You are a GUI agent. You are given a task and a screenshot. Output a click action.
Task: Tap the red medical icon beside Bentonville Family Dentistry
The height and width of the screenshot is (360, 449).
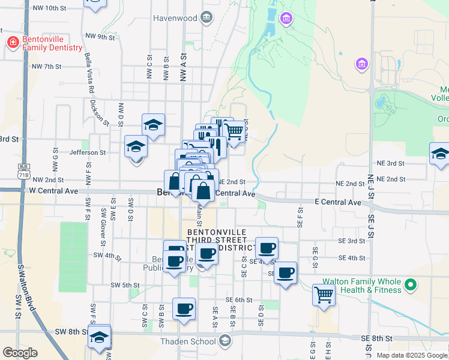click(12, 43)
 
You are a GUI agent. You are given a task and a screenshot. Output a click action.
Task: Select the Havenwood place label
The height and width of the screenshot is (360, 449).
click(175, 18)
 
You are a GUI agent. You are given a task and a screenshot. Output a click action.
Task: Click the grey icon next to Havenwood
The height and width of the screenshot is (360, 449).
click(207, 17)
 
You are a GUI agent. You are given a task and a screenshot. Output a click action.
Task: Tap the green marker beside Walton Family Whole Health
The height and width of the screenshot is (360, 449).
click(411, 284)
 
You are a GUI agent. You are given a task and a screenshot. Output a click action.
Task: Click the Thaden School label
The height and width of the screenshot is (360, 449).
click(188, 342)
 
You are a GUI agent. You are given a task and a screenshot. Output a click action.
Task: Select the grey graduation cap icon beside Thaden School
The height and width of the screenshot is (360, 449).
click(224, 341)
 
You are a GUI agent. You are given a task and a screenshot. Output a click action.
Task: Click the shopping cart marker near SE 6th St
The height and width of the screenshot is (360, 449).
click(324, 295)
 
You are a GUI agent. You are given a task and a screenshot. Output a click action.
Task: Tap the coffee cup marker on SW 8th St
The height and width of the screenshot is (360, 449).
click(184, 309)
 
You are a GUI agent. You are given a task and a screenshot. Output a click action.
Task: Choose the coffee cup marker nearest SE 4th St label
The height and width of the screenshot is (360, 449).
click(267, 247)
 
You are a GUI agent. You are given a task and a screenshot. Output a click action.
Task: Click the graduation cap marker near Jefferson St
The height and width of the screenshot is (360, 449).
click(136, 146)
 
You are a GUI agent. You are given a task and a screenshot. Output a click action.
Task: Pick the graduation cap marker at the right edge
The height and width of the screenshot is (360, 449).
click(440, 154)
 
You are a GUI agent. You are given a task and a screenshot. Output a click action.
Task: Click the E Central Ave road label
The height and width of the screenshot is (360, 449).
click(338, 203)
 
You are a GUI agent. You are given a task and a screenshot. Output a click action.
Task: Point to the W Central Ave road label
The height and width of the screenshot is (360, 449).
click(53, 191)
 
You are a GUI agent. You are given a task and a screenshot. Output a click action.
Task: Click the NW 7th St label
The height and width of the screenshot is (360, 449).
click(47, 66)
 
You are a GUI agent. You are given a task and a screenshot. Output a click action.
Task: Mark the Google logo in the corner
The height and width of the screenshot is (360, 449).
click(20, 353)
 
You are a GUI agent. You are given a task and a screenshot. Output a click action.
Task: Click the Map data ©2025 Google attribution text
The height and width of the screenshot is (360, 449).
click(412, 355)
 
